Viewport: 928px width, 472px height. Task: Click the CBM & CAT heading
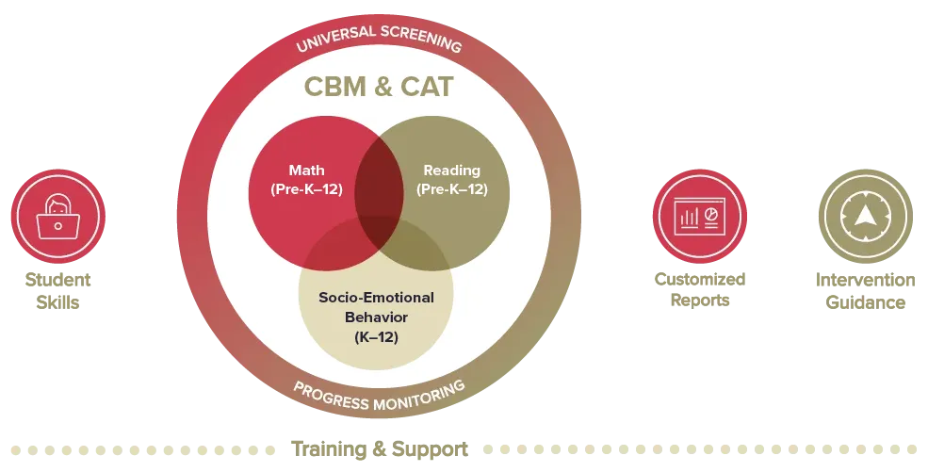[378, 88]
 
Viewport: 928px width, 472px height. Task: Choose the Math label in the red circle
[306, 171]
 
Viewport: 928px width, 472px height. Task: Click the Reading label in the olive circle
[451, 171]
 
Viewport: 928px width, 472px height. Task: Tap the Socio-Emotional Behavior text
[376, 306]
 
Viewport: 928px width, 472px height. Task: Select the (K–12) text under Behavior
[376, 334]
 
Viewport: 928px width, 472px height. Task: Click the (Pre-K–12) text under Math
[306, 188]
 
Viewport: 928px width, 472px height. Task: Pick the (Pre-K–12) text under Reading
[451, 188]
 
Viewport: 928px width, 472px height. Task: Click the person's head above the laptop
[57, 204]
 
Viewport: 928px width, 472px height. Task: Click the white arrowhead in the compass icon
[864, 215]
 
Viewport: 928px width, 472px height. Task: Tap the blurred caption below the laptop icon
[57, 290]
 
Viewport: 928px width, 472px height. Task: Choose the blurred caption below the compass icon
[866, 290]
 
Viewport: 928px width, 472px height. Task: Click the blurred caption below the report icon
[698, 290]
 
